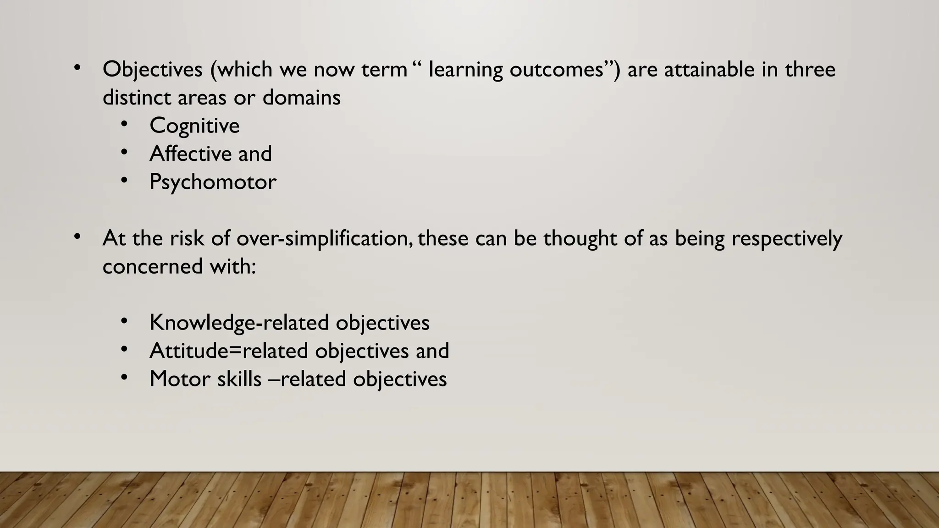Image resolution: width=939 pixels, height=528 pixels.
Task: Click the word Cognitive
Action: click(x=194, y=126)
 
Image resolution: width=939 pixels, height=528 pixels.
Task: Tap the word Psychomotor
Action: click(x=213, y=182)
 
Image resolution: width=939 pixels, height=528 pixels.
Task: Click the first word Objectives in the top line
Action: click(x=152, y=70)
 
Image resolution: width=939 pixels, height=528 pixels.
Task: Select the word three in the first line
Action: click(x=810, y=70)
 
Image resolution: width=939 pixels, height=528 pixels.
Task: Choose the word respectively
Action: click(x=787, y=238)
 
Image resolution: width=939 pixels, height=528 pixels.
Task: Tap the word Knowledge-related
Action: click(x=239, y=323)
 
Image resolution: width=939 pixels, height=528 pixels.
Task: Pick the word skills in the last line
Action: click(x=239, y=379)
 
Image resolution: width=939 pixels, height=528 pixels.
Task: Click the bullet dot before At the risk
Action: click(x=77, y=236)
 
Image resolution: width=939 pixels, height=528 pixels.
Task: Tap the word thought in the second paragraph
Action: click(x=580, y=238)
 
